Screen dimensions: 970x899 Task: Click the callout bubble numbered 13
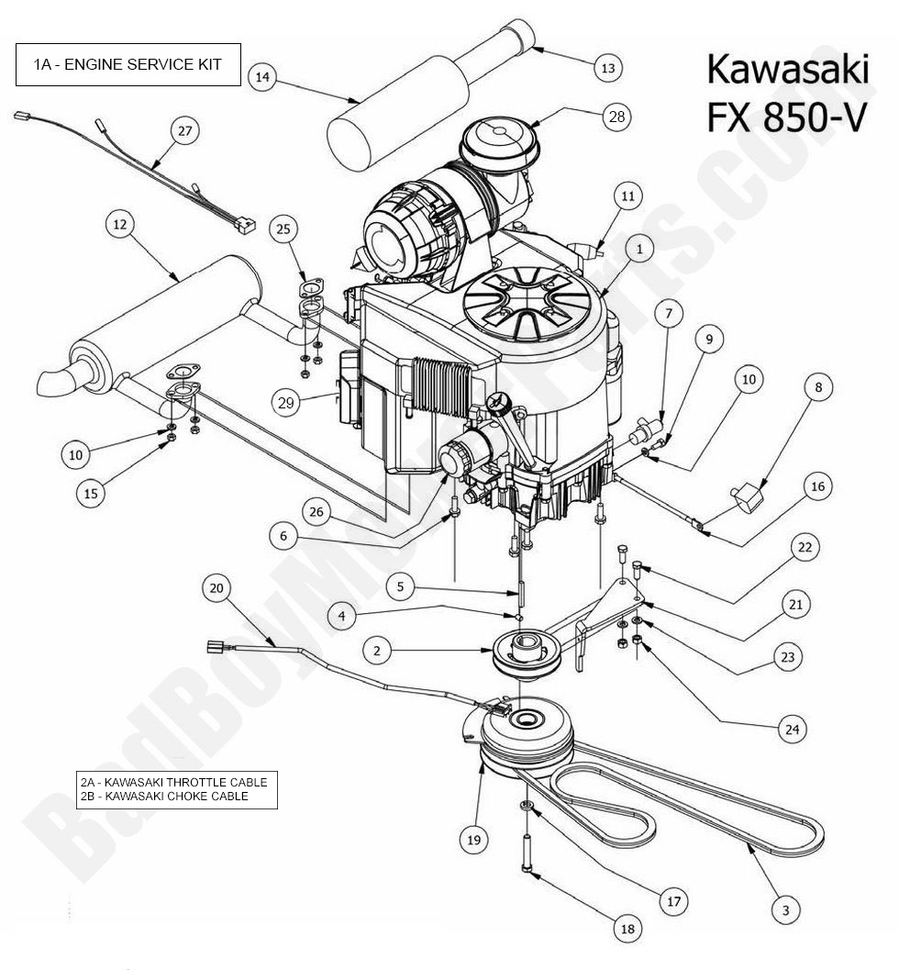click(607, 66)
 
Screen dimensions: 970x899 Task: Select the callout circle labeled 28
click(615, 116)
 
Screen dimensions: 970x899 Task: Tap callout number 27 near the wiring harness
click(185, 131)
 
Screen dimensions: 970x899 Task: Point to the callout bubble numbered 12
click(120, 223)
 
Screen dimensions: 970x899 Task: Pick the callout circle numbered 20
click(216, 587)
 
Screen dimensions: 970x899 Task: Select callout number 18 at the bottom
click(627, 929)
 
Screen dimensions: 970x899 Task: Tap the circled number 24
click(791, 730)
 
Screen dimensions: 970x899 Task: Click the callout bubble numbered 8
click(816, 387)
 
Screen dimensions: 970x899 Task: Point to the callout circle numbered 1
click(640, 247)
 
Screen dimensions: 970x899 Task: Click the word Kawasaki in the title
click(785, 71)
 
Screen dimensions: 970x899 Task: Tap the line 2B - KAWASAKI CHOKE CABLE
click(164, 797)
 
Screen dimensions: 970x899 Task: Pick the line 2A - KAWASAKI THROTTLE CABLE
click(173, 782)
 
